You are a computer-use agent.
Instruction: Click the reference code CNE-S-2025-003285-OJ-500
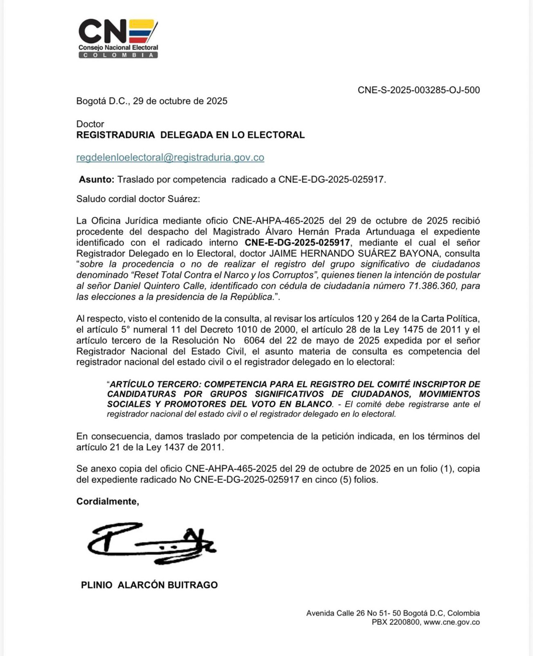coord(418,90)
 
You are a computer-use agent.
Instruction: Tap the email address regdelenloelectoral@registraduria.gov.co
coord(170,157)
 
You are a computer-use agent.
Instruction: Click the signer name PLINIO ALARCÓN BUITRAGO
coord(149,585)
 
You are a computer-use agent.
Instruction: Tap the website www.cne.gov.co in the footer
coord(452,622)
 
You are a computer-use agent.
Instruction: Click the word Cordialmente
coord(107,501)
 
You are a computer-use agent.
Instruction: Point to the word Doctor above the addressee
coord(90,124)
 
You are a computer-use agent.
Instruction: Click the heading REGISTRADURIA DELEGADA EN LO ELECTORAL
coord(190,135)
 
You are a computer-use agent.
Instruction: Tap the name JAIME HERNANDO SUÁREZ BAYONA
coord(355,253)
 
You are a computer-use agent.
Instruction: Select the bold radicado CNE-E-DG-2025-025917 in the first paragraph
coord(297,243)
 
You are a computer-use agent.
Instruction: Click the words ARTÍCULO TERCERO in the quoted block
coord(155,384)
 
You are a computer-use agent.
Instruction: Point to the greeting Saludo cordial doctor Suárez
coord(138,199)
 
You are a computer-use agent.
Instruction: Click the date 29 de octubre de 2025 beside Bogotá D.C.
coord(180,101)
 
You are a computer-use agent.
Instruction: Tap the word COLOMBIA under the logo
coord(118,55)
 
